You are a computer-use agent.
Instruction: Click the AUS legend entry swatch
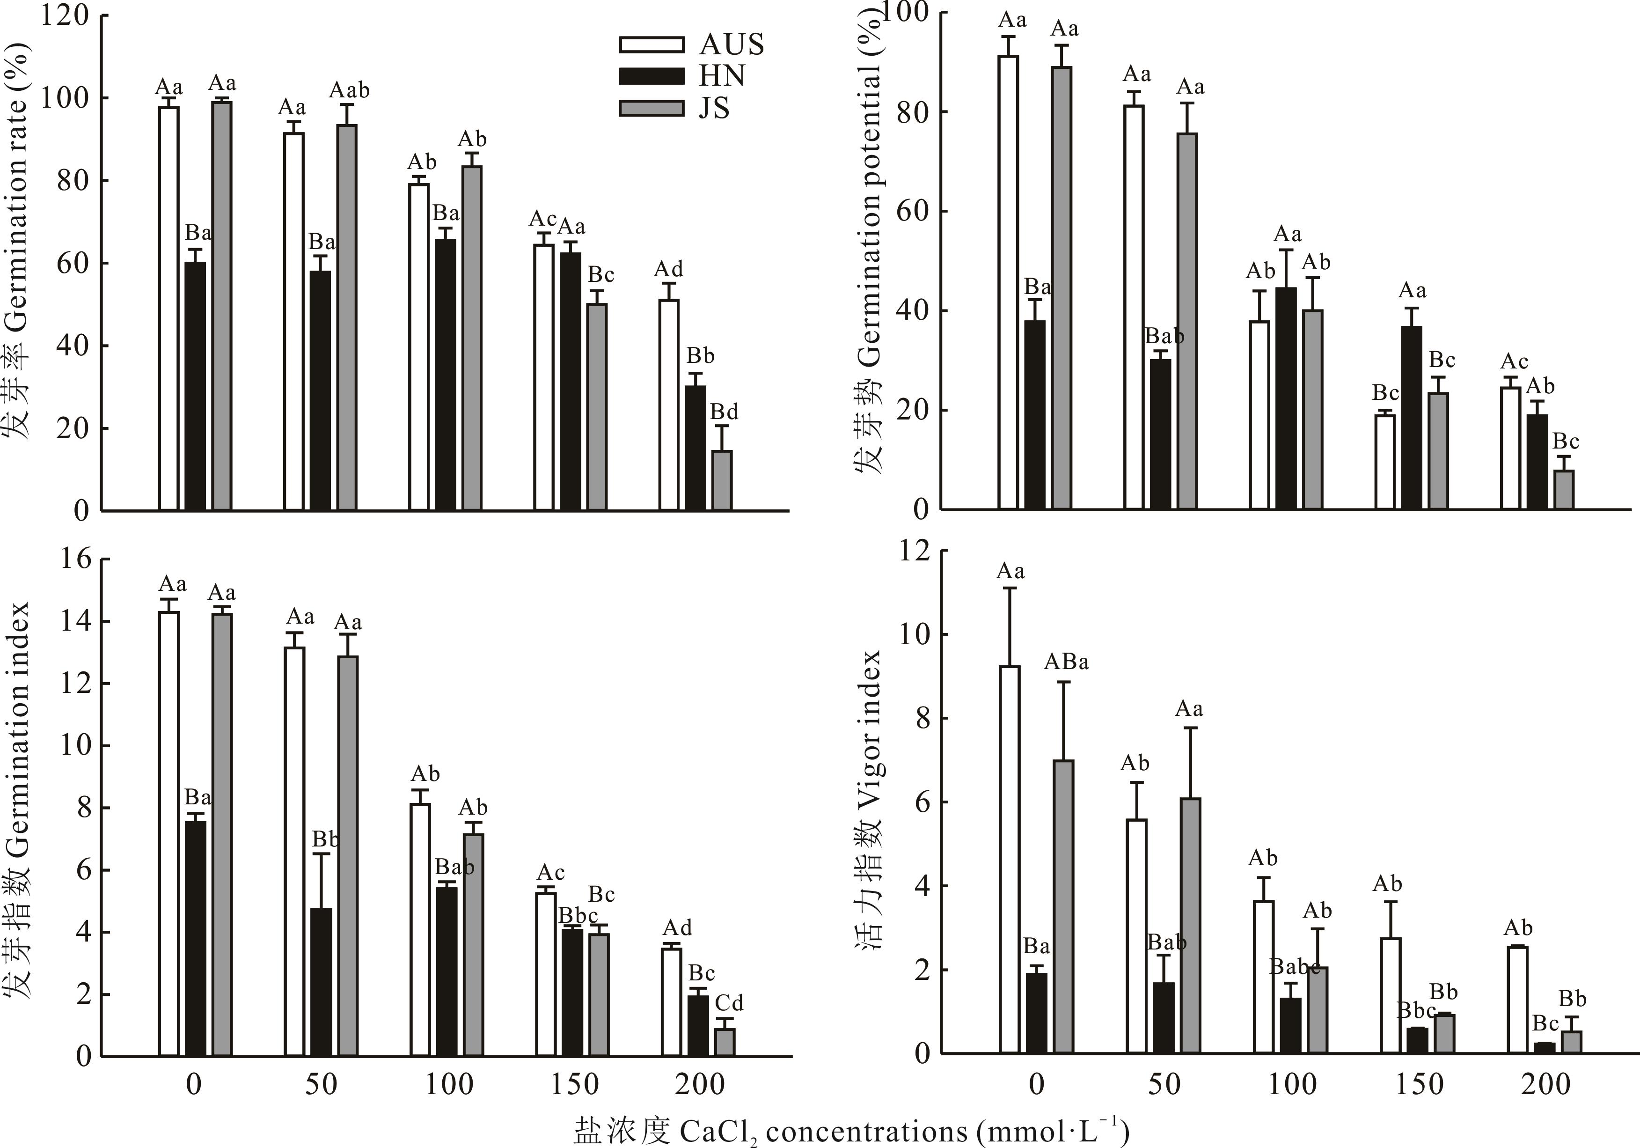652,44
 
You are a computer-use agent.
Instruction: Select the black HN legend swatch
652,76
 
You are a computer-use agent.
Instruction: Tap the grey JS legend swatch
652,108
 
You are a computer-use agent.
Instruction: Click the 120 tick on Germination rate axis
64,16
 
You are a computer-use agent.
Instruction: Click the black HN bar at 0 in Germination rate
195,386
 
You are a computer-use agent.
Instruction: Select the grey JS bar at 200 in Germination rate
722,480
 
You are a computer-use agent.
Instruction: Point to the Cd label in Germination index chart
729,1002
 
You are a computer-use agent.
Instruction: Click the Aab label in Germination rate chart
349,91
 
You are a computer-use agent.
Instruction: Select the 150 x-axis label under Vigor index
1419,1084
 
